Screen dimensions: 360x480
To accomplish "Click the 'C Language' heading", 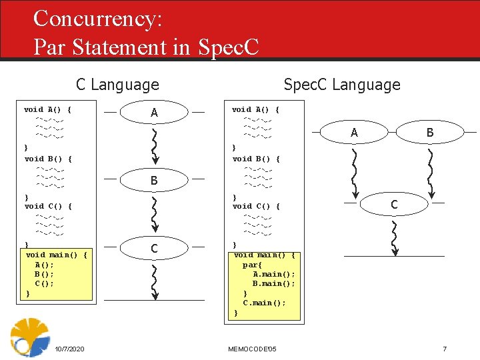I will coord(117,85).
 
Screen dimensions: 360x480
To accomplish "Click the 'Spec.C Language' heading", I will coord(341,85).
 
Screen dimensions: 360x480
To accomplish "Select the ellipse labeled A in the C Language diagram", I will coord(155,113).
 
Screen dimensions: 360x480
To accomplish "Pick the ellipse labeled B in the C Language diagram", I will coord(155,180).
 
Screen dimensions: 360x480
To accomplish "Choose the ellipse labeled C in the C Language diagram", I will coord(155,249).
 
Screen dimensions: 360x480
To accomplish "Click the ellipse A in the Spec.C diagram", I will coord(354,133).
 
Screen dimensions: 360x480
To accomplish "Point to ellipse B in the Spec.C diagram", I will coord(430,133).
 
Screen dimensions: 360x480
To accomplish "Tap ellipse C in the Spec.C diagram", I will coord(394,205).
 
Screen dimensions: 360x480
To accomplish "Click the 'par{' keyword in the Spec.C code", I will coord(252,265).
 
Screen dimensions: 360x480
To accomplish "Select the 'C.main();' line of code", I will coord(264,303).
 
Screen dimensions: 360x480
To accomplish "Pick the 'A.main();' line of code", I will coord(273,274).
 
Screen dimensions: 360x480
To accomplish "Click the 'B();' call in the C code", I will coord(44,274).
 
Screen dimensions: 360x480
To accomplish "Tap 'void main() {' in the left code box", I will coord(57,255).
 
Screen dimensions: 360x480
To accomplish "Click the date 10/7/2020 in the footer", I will coord(69,349).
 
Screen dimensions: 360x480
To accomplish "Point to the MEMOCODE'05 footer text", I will coord(253,349).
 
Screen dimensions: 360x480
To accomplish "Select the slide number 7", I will coord(445,349).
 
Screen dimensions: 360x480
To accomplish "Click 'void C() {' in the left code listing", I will coord(48,206).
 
